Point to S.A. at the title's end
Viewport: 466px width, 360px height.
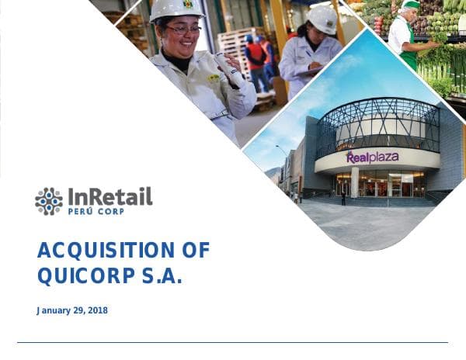point(162,275)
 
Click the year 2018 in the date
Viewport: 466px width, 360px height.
point(97,310)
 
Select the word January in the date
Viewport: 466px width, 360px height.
point(55,310)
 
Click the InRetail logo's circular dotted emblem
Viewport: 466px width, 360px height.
point(49,201)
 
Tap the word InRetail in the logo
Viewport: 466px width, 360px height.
point(110,196)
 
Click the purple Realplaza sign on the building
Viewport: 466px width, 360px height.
point(372,157)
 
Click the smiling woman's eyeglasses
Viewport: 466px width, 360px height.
point(183,29)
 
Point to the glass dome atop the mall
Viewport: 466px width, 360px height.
point(378,124)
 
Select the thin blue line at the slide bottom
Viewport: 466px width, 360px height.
point(233,342)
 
